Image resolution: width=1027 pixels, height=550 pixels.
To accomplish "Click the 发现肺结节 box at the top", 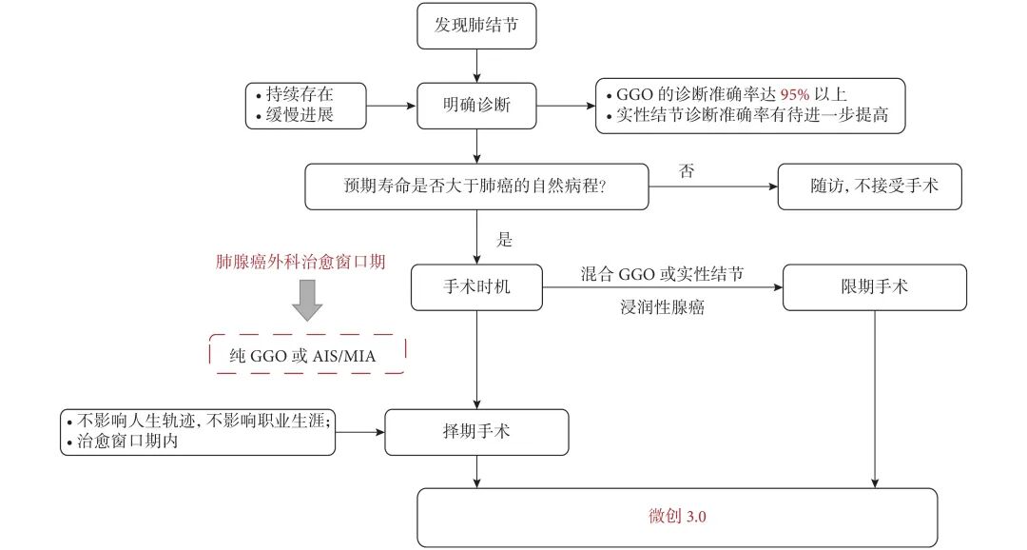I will (476, 26).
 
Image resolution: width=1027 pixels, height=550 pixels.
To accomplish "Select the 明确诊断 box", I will (476, 105).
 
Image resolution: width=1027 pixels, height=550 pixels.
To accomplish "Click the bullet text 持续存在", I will (301, 95).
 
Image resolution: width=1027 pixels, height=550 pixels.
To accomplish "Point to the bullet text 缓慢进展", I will (301, 115).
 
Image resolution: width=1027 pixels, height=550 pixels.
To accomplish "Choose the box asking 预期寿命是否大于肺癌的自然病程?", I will (476, 187).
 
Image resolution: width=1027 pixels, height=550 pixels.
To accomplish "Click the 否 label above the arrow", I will (686, 170).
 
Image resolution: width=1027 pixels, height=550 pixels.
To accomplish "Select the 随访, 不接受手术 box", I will (870, 187).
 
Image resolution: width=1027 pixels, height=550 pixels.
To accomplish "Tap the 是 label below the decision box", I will (504, 238).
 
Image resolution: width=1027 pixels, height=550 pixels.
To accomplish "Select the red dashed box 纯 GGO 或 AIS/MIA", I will (306, 354).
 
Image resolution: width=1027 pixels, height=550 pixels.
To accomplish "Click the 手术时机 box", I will (476, 286).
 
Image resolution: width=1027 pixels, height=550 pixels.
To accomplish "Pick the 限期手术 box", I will (874, 286).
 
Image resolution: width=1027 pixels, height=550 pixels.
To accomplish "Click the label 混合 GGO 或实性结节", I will (662, 274).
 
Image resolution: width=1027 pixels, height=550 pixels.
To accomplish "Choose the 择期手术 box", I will (476, 432).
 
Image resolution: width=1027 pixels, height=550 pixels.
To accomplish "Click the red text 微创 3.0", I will (678, 517).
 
